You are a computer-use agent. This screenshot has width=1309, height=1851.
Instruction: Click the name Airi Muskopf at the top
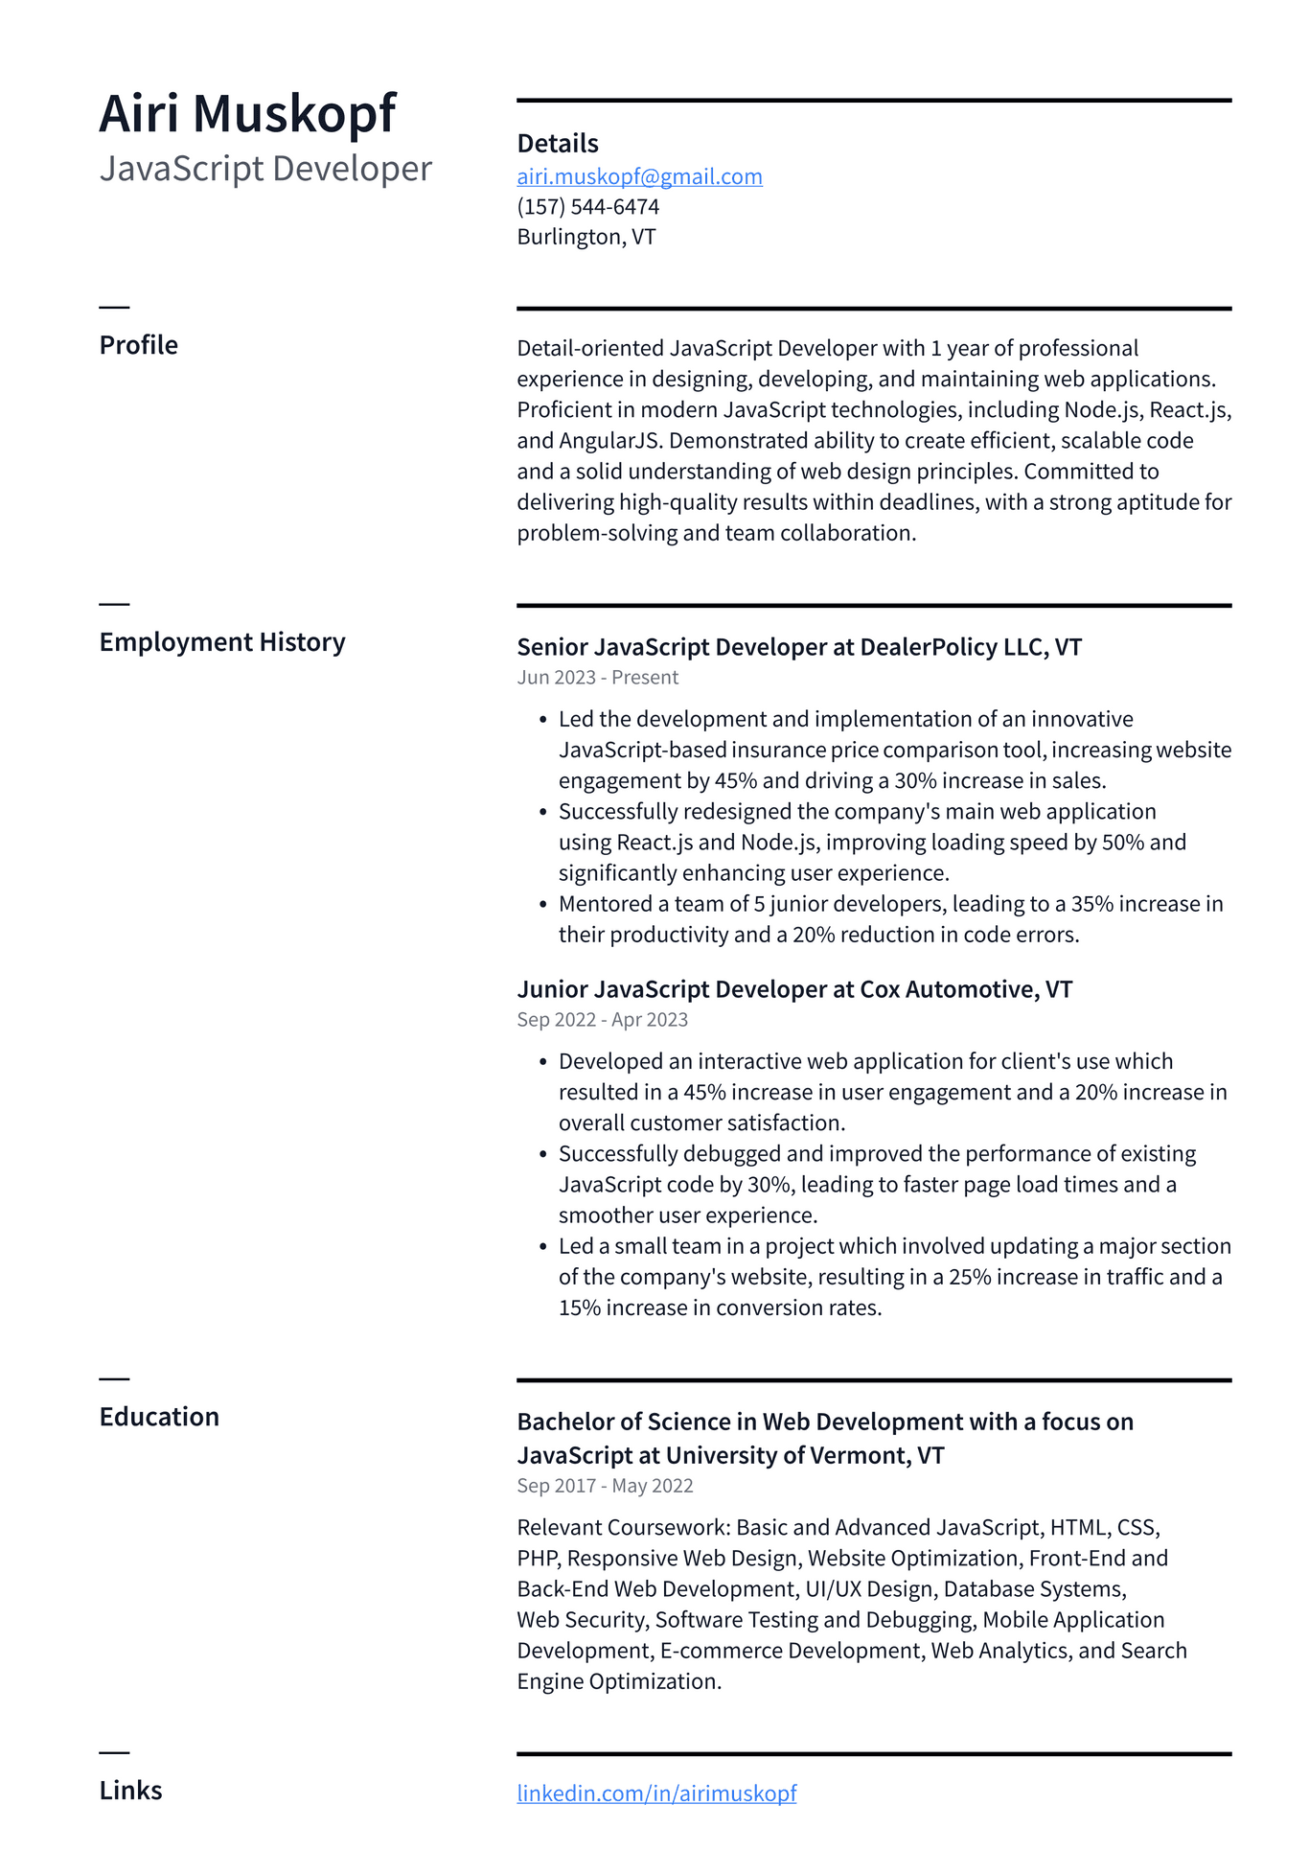click(x=247, y=114)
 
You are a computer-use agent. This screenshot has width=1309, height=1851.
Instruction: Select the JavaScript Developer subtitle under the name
click(x=265, y=169)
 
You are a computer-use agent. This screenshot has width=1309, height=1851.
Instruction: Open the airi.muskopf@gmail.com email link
click(x=639, y=176)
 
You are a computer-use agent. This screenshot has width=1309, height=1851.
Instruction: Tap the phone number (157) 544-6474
click(x=587, y=207)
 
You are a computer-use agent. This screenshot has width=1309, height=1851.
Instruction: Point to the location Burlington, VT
click(x=586, y=237)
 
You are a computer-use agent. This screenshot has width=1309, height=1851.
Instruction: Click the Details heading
click(x=557, y=144)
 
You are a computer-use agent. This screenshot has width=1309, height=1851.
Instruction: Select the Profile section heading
click(x=138, y=345)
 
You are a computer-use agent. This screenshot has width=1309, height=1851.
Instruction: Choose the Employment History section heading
click(x=221, y=642)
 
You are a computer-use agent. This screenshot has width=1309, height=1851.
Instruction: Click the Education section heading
click(x=159, y=1417)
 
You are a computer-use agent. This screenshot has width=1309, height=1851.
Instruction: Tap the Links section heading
click(x=130, y=1791)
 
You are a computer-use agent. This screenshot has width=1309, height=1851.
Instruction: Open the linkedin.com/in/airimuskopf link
click(x=656, y=1793)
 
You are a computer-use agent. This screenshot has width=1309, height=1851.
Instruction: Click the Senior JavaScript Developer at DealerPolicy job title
click(x=799, y=647)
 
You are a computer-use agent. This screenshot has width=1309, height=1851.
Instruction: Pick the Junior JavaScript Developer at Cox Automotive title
click(x=794, y=989)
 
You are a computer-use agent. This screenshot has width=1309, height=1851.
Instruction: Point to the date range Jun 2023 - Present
click(x=597, y=678)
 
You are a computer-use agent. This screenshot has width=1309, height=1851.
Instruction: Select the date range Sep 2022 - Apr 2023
click(x=602, y=1020)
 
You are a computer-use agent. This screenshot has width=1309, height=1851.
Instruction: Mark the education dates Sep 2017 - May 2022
click(x=605, y=1486)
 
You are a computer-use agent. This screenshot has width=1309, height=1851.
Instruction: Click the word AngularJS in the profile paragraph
click(x=609, y=441)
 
